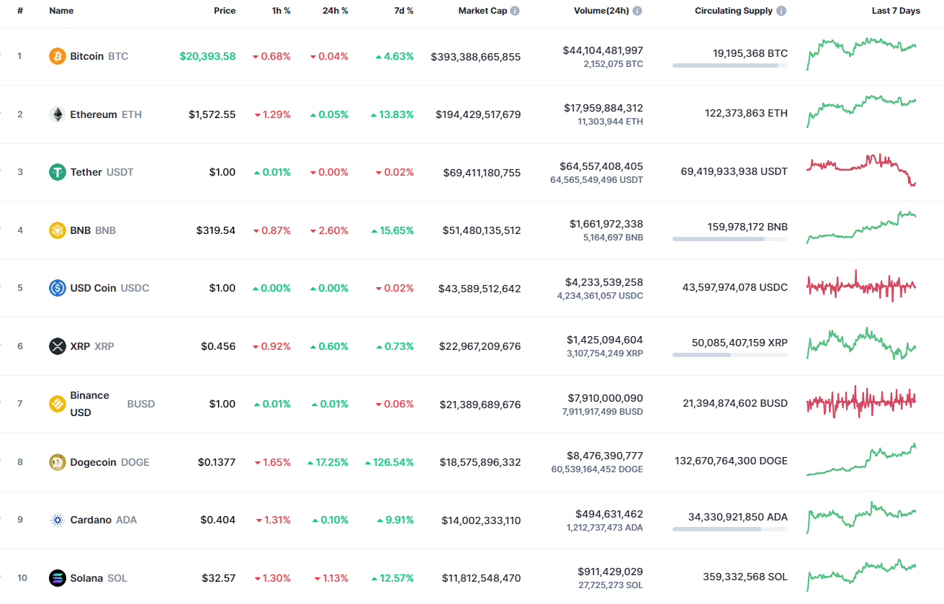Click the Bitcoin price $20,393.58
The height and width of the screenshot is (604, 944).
coord(207,56)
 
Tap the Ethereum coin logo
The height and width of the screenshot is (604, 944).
coord(58,114)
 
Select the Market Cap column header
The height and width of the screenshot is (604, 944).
coord(482,11)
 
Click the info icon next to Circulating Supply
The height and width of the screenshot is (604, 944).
coord(782,11)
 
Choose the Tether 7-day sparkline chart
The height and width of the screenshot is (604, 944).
coord(861,171)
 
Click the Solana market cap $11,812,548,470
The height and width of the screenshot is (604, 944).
coord(481,578)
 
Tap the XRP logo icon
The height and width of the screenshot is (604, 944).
coord(58,346)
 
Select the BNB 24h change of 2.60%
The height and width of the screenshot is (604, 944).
coord(329,230)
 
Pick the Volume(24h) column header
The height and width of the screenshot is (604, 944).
coord(602,11)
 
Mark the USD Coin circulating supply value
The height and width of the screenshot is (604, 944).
coord(734,287)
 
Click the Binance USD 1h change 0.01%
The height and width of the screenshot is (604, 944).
coord(272,404)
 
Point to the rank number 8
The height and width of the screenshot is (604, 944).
coord(20,462)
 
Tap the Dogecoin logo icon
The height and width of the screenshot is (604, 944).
coord(58,462)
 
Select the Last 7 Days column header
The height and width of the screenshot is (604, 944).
coord(895,11)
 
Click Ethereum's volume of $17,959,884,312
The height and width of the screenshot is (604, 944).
coord(603,108)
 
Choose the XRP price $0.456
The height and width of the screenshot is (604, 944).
coord(218,346)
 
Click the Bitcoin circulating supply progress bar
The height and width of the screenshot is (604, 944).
coord(729,66)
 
